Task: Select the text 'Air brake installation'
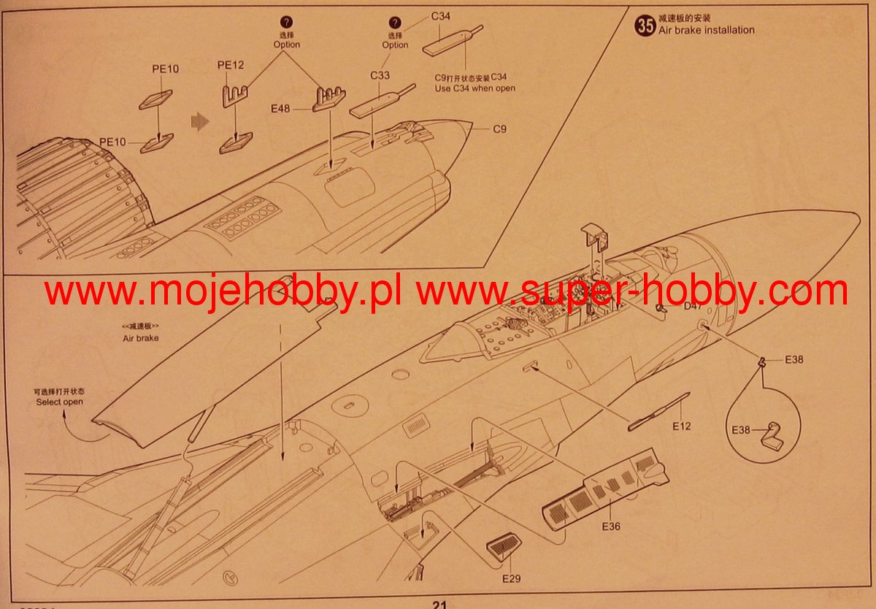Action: (706, 30)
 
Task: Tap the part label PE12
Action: (230, 65)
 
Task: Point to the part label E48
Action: (280, 109)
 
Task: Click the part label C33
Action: (380, 75)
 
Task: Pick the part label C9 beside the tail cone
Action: (499, 129)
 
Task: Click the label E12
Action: (681, 426)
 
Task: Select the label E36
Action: (611, 526)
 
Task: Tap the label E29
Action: (512, 578)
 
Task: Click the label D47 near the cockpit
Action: (693, 307)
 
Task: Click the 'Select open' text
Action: (60, 402)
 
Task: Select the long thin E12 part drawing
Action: (658, 411)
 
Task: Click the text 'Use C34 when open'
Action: (474, 88)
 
